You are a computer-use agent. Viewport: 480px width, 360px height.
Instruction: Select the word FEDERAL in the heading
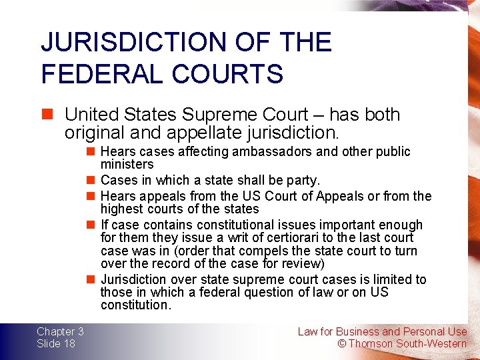click(x=94, y=74)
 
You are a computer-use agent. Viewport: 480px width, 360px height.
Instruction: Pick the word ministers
click(x=127, y=165)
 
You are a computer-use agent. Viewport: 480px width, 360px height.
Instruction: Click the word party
click(x=305, y=180)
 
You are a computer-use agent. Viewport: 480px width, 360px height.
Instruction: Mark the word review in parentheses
click(x=302, y=264)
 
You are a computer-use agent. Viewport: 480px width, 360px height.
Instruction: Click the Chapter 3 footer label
click(x=60, y=331)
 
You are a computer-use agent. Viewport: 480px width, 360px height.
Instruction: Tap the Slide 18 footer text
click(x=56, y=343)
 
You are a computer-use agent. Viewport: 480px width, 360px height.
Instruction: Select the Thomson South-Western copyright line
click(x=402, y=343)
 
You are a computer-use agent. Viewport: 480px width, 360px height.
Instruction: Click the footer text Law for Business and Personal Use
click(x=382, y=331)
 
